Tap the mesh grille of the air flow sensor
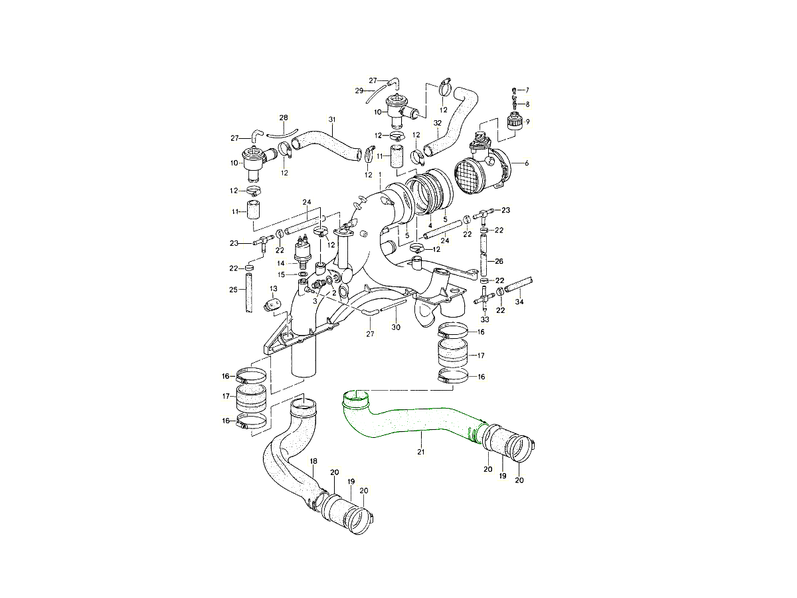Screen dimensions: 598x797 pyautogui.click(x=473, y=176)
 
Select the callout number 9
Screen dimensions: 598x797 pyautogui.click(x=527, y=122)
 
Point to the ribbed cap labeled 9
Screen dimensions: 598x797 pyautogui.click(x=513, y=122)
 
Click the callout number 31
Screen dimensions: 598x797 pyautogui.click(x=332, y=120)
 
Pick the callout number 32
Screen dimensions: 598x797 pyautogui.click(x=437, y=123)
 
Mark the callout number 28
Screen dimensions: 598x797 pyautogui.click(x=284, y=118)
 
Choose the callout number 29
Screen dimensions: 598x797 pyautogui.click(x=359, y=90)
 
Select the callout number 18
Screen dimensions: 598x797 pyautogui.click(x=313, y=461)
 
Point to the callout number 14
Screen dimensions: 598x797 pyautogui.click(x=281, y=263)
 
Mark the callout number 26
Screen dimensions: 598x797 pyautogui.click(x=499, y=261)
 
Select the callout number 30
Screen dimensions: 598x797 pyautogui.click(x=396, y=327)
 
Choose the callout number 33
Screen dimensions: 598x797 pyautogui.click(x=485, y=320)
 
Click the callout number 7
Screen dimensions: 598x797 pyautogui.click(x=527, y=90)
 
